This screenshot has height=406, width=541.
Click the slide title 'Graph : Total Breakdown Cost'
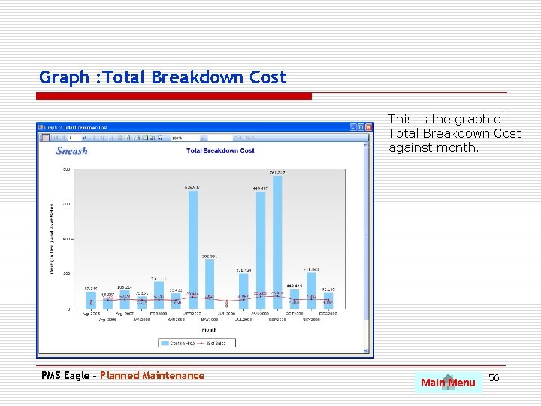click(162, 77)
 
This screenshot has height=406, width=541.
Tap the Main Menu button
click(448, 383)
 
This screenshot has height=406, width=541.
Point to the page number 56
click(494, 377)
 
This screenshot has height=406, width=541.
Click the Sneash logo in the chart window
click(72, 151)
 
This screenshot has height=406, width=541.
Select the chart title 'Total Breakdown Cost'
click(220, 150)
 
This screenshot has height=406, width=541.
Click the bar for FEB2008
click(159, 295)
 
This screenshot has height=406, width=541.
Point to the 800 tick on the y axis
click(67, 169)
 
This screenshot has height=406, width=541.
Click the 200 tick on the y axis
click(67, 274)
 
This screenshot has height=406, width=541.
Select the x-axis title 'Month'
click(209, 329)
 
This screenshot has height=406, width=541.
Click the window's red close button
click(368, 127)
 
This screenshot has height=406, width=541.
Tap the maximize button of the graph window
click(361, 127)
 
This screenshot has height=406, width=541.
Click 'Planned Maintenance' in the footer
click(152, 375)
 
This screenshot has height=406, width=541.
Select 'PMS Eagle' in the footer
click(65, 375)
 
